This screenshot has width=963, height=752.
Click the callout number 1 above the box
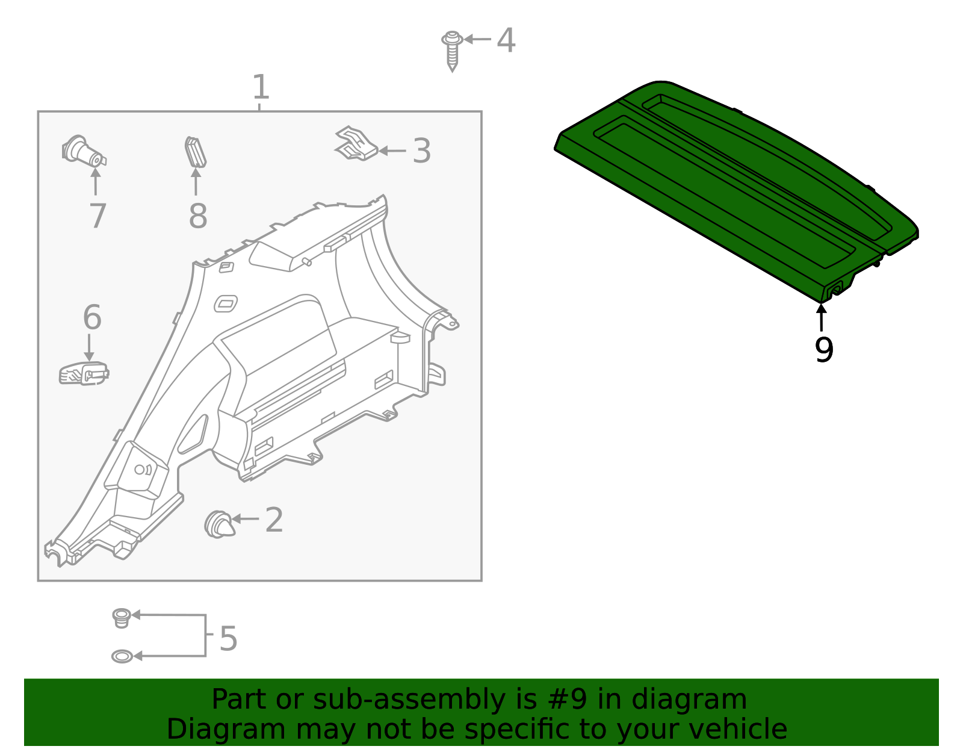260,88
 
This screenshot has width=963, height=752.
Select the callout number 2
274,520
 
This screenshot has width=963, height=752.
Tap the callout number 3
421,151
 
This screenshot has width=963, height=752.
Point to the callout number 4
506,40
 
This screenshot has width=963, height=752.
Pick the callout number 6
91,317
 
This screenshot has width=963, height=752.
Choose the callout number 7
98,216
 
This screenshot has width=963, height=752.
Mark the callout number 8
197,216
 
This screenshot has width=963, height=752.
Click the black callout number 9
823,350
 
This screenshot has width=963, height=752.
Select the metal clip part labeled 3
356,144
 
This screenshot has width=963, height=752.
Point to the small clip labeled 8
195,151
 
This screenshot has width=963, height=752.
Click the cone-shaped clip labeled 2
218,524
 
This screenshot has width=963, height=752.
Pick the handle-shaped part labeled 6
84,373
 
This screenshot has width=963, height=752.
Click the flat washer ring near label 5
122,656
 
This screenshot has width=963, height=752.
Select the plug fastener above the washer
122,617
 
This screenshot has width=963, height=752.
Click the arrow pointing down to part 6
89,347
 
